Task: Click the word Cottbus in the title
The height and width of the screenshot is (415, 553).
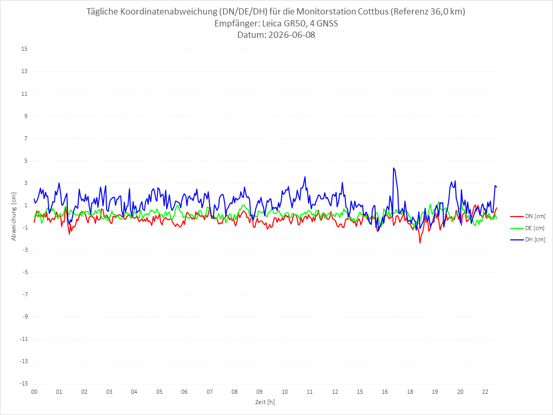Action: (x=373, y=11)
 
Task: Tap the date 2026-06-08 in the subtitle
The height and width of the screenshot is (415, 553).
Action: (x=292, y=35)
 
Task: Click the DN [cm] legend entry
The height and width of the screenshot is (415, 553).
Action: (x=528, y=217)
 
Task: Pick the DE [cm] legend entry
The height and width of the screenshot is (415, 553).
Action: (x=528, y=228)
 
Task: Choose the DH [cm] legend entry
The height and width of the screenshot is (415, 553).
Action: (x=528, y=239)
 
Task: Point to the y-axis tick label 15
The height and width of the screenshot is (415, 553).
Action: (x=24, y=49)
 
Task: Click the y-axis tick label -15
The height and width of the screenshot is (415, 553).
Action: (x=23, y=383)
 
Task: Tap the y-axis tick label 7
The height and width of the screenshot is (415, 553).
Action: (x=26, y=138)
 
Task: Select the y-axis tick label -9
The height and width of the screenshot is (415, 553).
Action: (x=24, y=317)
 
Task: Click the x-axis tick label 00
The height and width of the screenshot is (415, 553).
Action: (x=34, y=392)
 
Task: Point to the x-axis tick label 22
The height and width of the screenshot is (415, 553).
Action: (x=485, y=392)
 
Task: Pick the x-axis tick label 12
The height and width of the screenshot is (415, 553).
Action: (x=335, y=392)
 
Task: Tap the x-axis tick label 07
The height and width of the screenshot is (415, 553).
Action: (x=210, y=392)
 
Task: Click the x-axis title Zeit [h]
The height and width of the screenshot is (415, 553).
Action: (x=265, y=402)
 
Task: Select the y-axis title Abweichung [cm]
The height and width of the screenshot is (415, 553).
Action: (x=14, y=217)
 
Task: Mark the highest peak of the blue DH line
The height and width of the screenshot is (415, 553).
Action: (x=394, y=168)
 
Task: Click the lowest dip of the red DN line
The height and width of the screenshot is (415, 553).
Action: (x=420, y=243)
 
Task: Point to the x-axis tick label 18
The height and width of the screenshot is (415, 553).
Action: (x=410, y=392)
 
